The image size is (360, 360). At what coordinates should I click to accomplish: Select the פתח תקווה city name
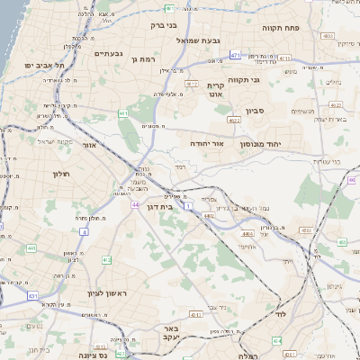tap(281, 28)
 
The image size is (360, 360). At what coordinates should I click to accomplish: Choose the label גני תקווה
tap(244, 79)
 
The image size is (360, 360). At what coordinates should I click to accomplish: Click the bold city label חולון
tap(61, 173)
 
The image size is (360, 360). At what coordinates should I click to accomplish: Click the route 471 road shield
tap(234, 56)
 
